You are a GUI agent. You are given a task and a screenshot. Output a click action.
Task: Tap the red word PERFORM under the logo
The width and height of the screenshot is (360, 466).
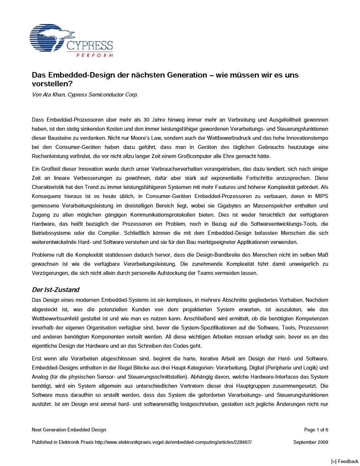click(x=94, y=55)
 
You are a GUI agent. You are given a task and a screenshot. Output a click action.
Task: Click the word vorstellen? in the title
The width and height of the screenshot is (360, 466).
click(x=52, y=84)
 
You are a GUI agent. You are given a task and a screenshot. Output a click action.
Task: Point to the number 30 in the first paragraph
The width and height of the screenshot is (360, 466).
click(x=146, y=120)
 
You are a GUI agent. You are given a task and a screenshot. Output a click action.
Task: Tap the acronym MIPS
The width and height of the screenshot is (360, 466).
click(x=321, y=196)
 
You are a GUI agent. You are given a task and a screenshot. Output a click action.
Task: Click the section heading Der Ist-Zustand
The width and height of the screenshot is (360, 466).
click(x=55, y=290)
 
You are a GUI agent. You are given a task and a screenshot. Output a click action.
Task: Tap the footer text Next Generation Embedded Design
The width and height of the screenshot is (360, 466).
click(x=69, y=430)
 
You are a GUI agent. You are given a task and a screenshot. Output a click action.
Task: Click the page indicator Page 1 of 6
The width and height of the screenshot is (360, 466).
click(x=316, y=430)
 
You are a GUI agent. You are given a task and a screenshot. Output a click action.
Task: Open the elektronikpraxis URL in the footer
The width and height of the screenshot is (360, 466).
click(x=173, y=442)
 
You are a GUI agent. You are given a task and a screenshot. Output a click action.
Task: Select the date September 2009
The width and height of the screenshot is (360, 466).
click(x=310, y=442)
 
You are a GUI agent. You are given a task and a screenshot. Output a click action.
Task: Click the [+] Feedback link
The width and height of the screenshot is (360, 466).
click(x=344, y=462)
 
